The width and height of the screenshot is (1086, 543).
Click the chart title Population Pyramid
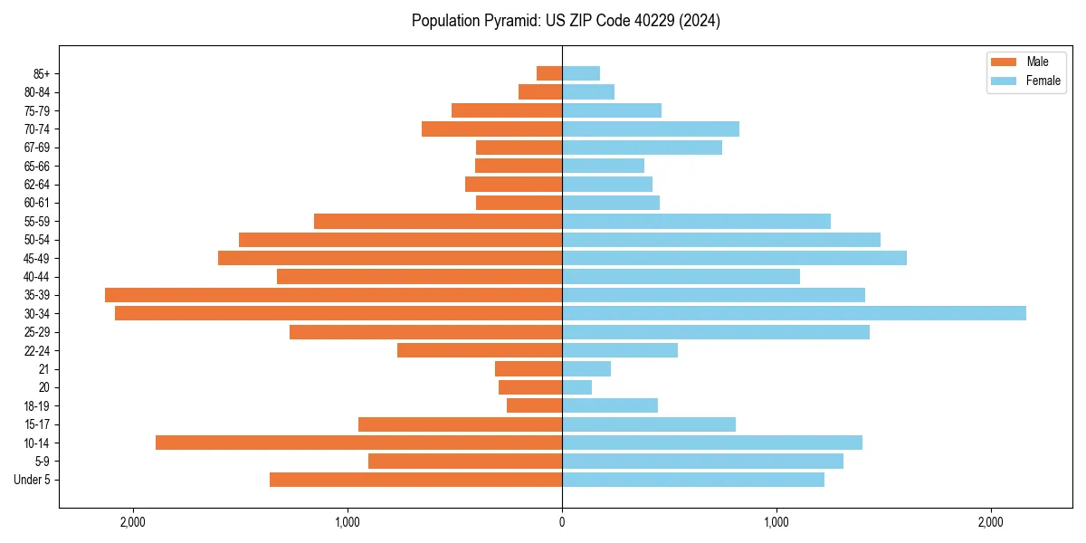566,21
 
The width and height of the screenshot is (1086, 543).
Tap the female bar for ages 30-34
794,313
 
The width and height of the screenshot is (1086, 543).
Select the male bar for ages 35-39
333,295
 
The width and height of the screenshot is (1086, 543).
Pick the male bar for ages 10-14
358,443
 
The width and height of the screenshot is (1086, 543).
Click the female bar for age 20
577,387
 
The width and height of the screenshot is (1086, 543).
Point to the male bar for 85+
549,73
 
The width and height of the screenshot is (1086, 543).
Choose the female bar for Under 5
693,480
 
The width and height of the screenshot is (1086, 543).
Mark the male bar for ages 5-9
465,461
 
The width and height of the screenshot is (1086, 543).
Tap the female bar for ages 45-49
734,258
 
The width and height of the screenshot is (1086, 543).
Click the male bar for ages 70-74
491,129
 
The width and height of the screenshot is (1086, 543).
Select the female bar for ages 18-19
610,405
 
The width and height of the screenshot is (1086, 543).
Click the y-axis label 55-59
37,221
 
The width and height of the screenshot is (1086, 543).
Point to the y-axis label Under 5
33,480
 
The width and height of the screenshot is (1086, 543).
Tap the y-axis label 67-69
37,148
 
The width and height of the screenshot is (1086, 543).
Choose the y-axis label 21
44,369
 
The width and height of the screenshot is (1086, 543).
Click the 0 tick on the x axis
562,522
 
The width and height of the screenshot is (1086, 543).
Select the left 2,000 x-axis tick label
133,522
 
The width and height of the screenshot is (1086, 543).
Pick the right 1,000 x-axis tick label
776,522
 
